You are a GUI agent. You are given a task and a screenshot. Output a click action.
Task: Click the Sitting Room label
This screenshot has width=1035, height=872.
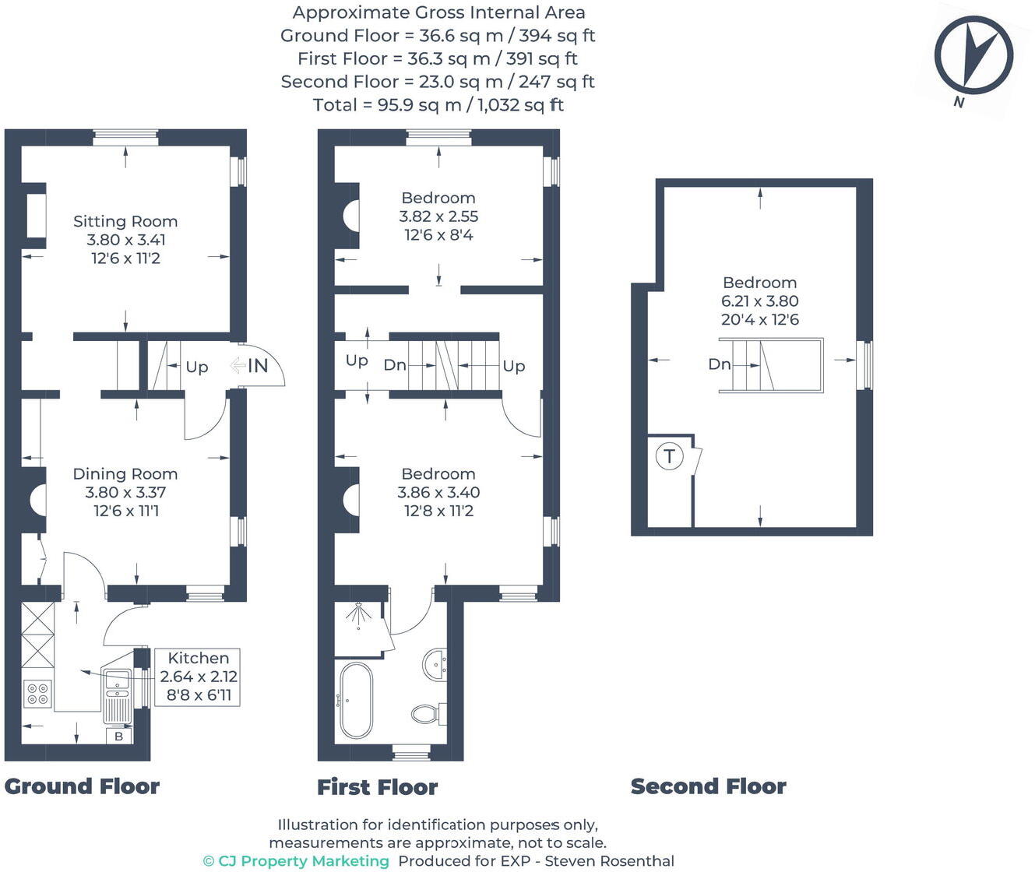pos(125,222)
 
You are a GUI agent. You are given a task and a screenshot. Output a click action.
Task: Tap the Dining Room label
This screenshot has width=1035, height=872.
pos(125,474)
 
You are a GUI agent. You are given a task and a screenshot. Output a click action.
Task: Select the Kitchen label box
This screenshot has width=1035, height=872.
pos(198,677)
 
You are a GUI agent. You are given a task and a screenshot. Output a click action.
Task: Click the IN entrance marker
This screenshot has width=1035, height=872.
pos(257,366)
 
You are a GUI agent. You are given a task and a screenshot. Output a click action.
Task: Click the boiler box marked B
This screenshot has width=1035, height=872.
pos(119,736)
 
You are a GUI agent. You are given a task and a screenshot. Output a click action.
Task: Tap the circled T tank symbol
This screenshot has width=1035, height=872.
pos(669,455)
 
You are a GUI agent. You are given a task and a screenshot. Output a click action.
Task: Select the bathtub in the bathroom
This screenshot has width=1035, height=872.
pos(356,700)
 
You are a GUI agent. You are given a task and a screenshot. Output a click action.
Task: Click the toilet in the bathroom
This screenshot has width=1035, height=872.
pos(427,712)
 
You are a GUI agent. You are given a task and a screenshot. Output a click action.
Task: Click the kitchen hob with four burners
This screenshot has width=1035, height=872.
pos(37,693)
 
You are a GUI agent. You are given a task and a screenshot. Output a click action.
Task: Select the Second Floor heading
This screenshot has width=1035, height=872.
pos(708,786)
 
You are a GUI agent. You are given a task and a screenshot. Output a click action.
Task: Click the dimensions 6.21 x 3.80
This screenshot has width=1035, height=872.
pos(759,301)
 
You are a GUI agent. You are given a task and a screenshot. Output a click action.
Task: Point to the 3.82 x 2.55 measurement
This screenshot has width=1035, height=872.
pos(438,216)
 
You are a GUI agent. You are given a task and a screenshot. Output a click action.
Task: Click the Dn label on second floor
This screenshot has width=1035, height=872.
pos(719,364)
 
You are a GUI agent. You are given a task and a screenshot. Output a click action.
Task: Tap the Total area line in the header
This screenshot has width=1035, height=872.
pos(438,104)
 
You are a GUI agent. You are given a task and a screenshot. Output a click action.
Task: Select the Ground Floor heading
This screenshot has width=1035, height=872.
pos(82,786)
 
